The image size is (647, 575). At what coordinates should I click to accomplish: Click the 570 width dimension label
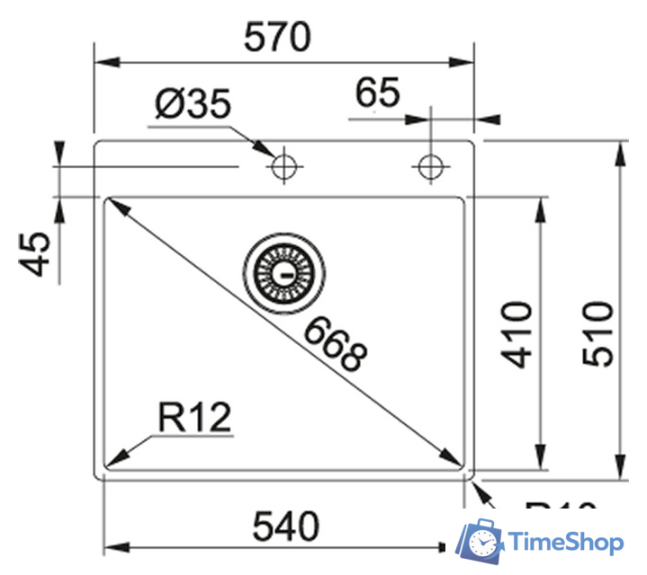coord(279,38)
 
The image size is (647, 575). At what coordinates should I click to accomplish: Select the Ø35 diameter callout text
coord(193,105)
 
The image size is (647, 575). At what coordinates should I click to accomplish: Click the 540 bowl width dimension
coord(285,527)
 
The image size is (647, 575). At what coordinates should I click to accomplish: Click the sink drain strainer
coord(282,270)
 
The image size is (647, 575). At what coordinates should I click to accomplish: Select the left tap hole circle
coord(283,166)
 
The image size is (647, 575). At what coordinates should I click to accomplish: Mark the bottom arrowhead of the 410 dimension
coord(540,454)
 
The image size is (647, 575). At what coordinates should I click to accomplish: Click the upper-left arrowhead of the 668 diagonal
coord(115,206)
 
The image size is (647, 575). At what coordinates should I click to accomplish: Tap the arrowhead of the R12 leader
coord(114,458)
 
